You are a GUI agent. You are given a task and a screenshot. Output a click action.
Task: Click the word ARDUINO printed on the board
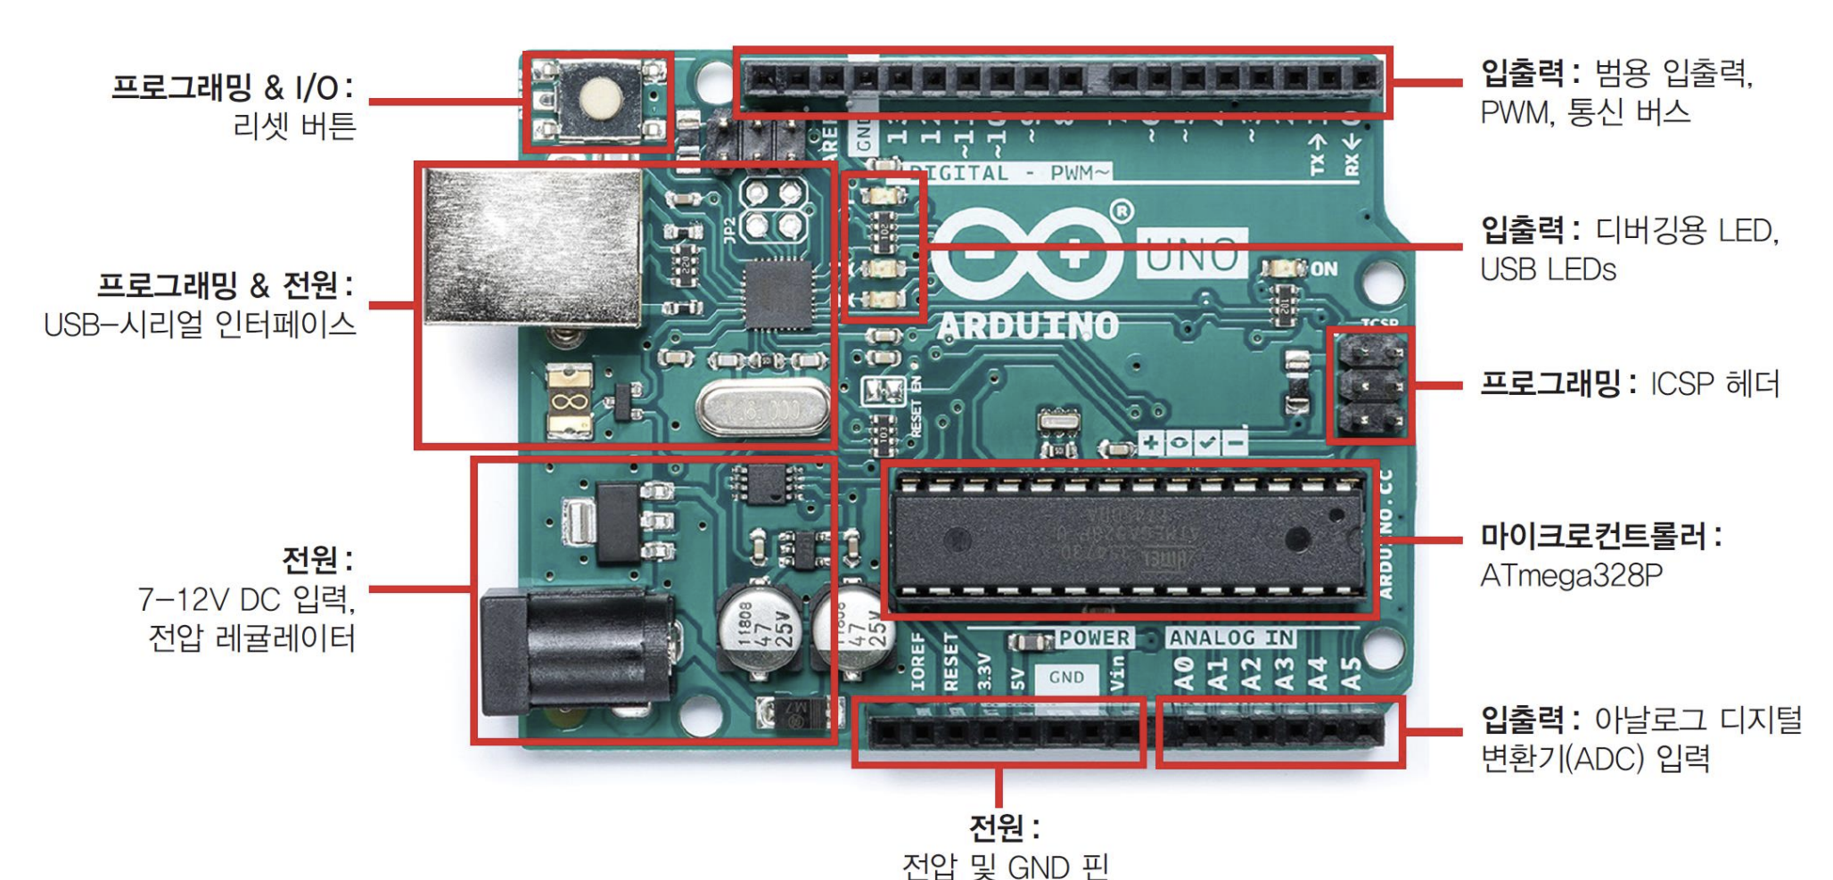1027,326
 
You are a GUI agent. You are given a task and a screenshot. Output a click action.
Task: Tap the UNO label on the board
1192,255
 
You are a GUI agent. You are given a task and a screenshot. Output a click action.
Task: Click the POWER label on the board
1094,637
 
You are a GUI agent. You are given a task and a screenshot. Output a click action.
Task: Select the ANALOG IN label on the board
1231,637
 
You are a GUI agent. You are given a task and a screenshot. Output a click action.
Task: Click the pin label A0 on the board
1183,674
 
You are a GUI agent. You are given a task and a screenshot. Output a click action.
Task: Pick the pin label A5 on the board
1352,674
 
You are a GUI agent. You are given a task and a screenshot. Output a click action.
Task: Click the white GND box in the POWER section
1066,678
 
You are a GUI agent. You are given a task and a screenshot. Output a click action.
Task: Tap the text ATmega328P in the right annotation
1571,576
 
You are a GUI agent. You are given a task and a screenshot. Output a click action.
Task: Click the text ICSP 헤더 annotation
1714,384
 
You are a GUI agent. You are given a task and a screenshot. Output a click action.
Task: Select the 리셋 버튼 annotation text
294,126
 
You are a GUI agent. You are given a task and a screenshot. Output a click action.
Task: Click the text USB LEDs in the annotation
1548,269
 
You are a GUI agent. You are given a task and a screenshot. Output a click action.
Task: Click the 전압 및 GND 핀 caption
1005,864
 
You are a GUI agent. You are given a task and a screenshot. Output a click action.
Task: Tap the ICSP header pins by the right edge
1370,386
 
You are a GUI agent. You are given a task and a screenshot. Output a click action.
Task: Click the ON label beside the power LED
1324,268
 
